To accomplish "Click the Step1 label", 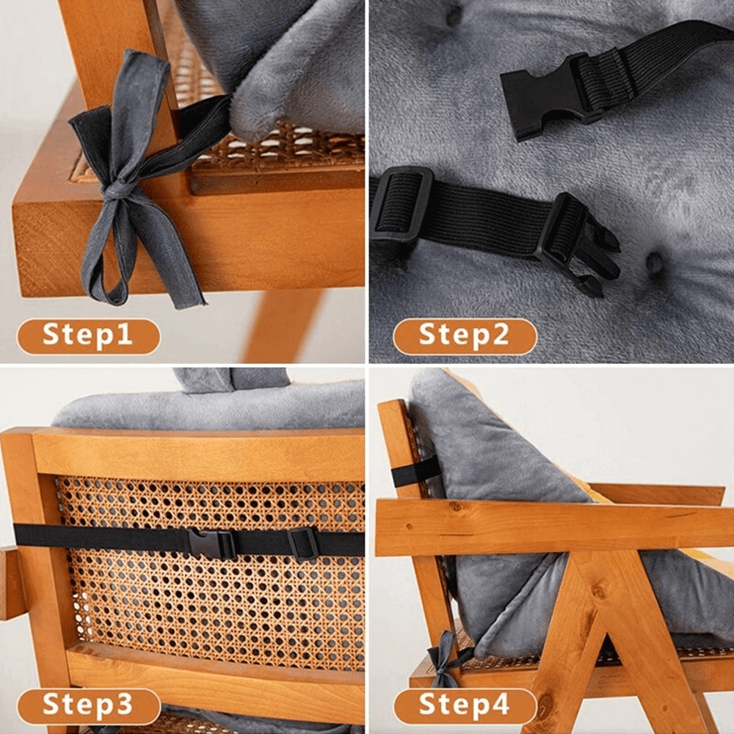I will [x=88, y=336].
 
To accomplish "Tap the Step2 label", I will [x=464, y=336].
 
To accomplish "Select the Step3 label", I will [x=88, y=705].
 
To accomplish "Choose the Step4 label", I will [x=464, y=705].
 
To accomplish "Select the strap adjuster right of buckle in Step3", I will [x=303, y=543].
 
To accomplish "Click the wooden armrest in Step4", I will [x=550, y=526].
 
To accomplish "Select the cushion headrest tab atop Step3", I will [x=231, y=379].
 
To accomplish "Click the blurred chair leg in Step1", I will [x=283, y=327].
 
